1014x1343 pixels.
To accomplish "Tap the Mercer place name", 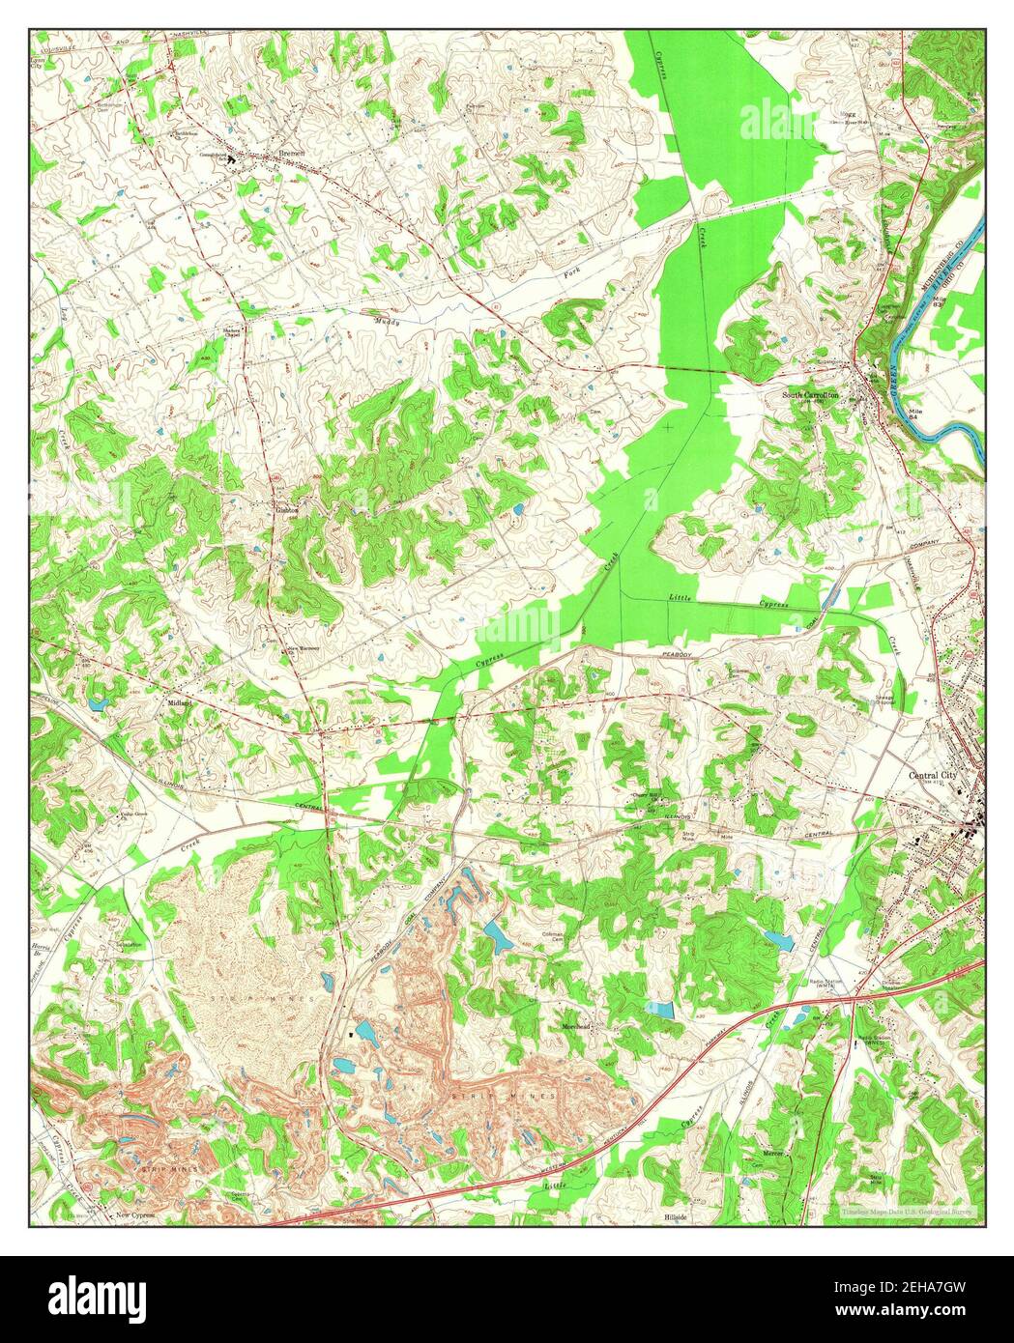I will click(x=772, y=1154).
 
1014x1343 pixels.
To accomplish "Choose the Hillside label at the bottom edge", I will click(x=676, y=1216).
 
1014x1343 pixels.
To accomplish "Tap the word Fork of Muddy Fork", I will click(x=574, y=277).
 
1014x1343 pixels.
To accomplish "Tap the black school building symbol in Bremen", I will click(x=231, y=161).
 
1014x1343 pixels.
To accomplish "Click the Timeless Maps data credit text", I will click(x=907, y=1212).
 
